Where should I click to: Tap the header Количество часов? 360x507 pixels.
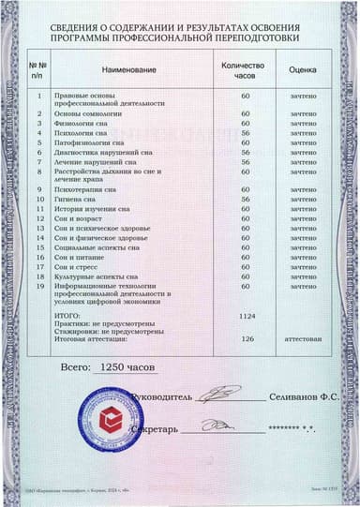[x=244, y=69]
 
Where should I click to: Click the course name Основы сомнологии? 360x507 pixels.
[x=92, y=113]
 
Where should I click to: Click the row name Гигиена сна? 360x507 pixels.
[x=80, y=199]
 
